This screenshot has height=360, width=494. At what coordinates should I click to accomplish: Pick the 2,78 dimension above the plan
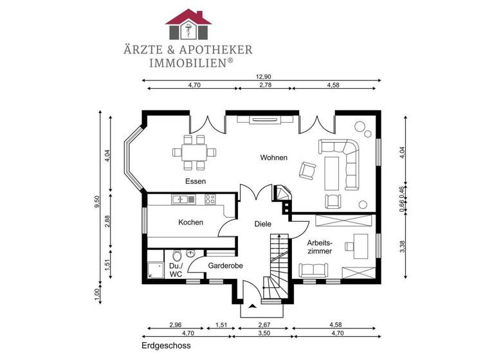[264, 85]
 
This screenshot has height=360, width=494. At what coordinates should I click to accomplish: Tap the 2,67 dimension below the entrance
[265, 325]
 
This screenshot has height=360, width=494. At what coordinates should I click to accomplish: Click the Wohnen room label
[273, 157]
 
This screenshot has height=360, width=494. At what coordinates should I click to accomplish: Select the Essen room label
[196, 181]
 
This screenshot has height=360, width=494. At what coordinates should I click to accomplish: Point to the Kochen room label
[190, 222]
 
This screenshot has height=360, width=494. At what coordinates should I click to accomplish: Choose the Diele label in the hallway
[262, 224]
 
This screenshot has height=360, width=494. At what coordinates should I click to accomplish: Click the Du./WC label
[176, 270]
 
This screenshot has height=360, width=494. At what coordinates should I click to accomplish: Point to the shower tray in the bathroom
[155, 270]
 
